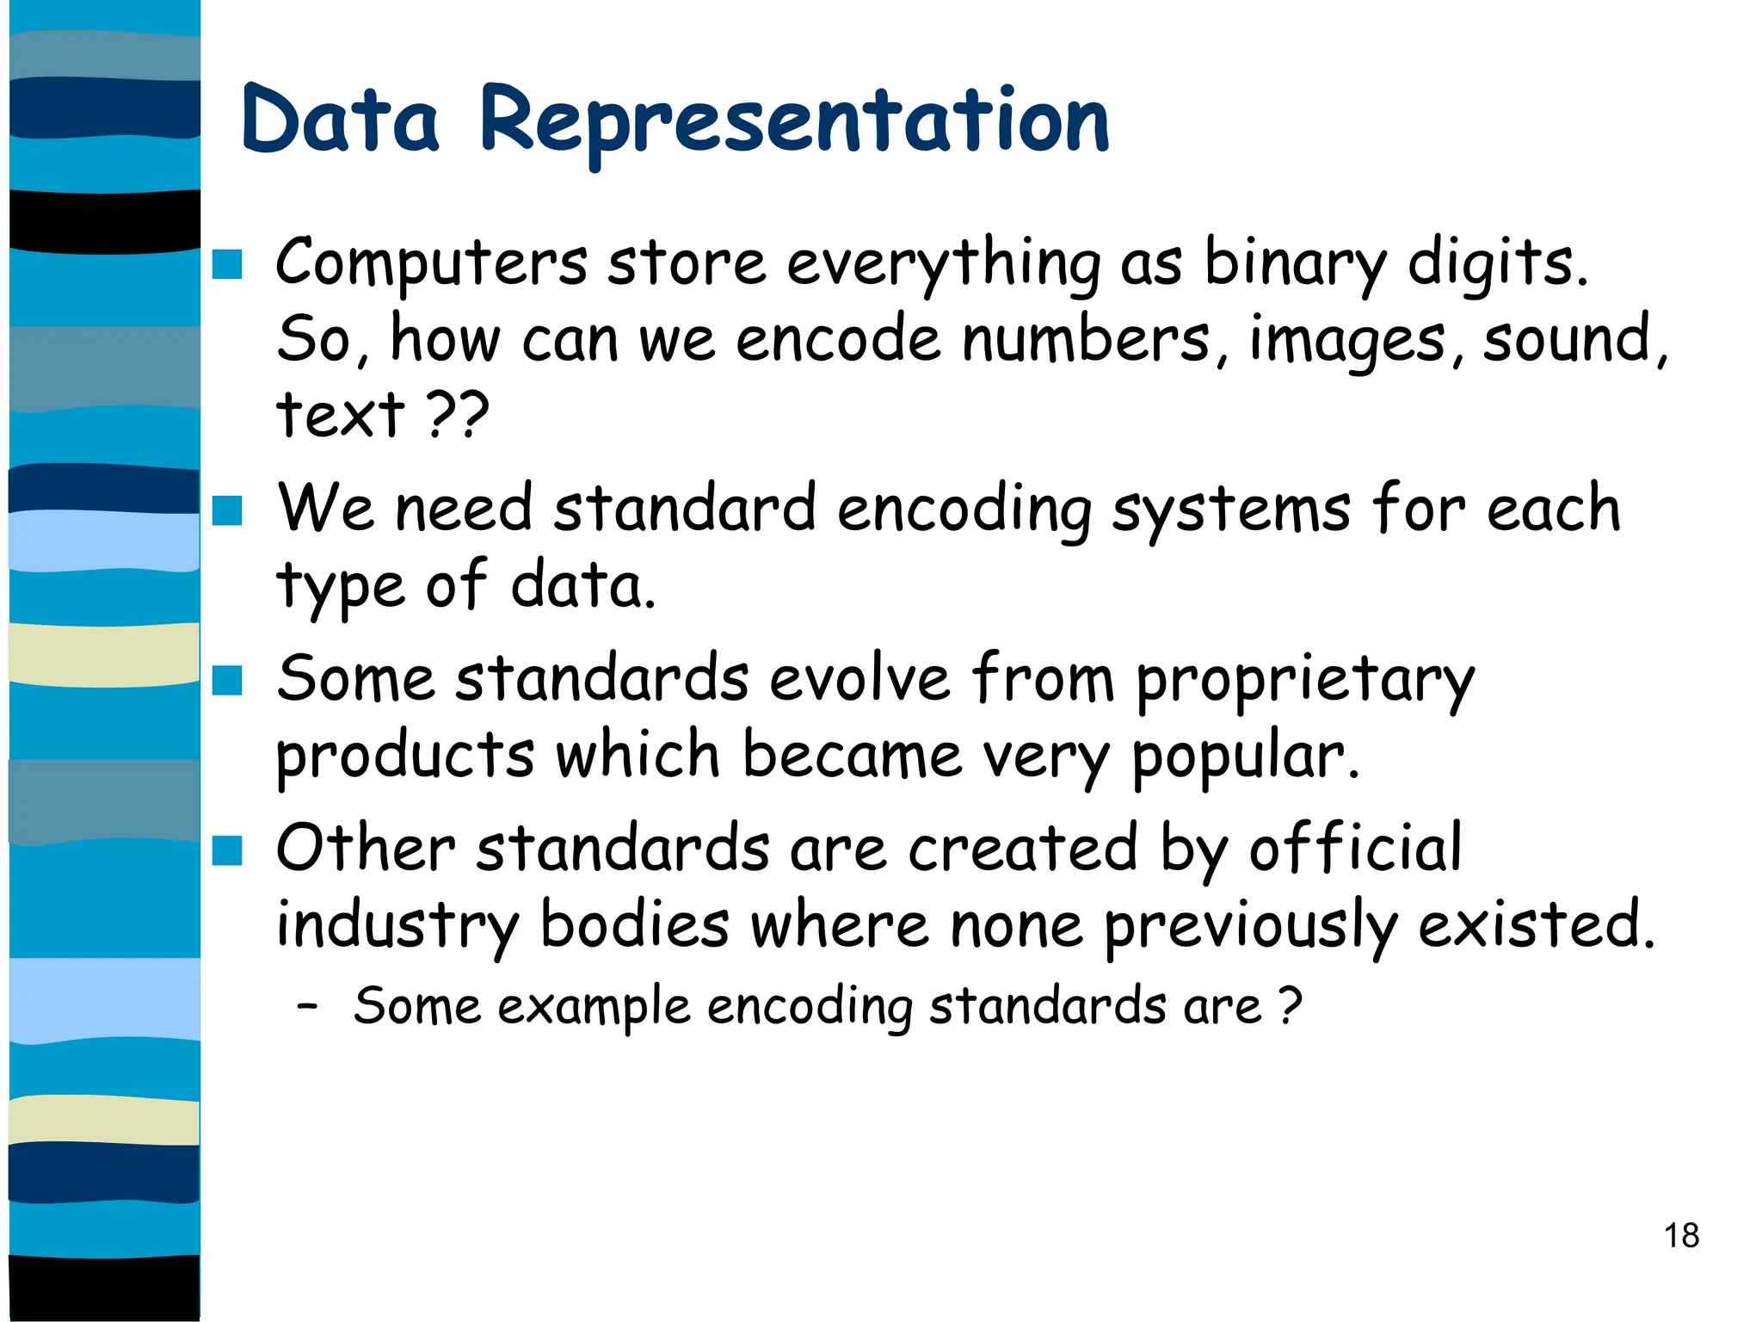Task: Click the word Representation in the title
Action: point(794,120)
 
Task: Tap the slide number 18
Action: point(1681,1236)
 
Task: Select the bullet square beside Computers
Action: point(227,264)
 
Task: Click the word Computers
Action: point(431,263)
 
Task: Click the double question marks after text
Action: point(458,415)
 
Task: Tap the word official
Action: point(1355,849)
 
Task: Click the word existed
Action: point(1536,924)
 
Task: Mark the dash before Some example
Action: point(307,1005)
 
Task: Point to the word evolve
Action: point(859,680)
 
